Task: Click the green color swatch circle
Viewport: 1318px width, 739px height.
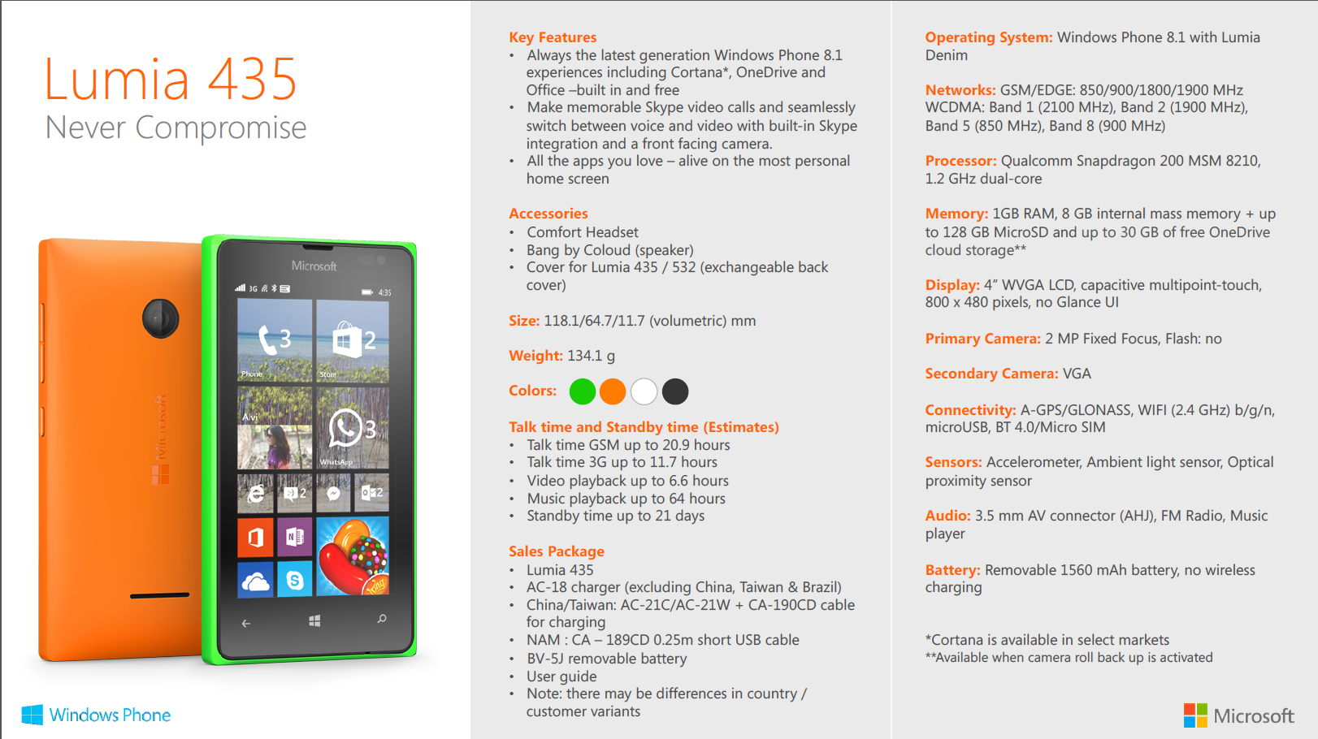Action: pos(583,391)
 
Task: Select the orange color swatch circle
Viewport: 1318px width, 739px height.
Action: pos(613,391)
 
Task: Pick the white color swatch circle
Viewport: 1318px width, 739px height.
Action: pos(644,391)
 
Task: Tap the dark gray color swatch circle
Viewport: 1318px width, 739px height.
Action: pos(675,391)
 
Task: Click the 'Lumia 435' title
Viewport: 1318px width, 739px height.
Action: pos(171,80)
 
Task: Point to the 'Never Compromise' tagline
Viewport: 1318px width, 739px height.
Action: pos(176,127)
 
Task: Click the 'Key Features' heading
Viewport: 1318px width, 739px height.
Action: pos(553,37)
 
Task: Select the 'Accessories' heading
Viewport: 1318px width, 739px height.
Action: pos(548,214)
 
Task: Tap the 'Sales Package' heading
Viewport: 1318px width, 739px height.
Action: pos(557,551)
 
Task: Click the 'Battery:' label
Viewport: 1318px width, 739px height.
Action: pos(952,570)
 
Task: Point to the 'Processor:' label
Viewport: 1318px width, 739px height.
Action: pos(960,161)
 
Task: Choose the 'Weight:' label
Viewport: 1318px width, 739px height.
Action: pos(535,356)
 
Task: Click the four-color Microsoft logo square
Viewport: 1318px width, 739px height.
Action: pos(1195,715)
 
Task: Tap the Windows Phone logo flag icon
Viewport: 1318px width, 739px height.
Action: pos(33,715)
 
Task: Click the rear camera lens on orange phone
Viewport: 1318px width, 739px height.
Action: pos(160,318)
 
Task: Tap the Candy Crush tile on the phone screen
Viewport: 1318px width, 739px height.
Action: pos(353,556)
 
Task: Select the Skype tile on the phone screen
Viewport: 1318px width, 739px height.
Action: pos(294,580)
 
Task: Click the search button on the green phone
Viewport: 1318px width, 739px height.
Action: pos(382,620)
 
